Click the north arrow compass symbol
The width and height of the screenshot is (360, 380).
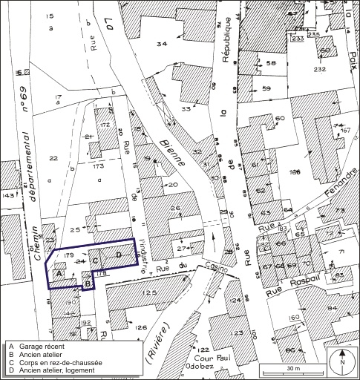(x=342, y=363)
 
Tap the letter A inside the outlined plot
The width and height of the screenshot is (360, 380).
(x=59, y=273)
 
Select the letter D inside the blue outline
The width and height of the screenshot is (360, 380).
(x=119, y=255)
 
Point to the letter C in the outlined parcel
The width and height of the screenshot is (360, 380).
(x=95, y=260)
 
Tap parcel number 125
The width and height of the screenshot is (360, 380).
(x=150, y=294)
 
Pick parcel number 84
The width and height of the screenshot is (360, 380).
(x=333, y=307)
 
